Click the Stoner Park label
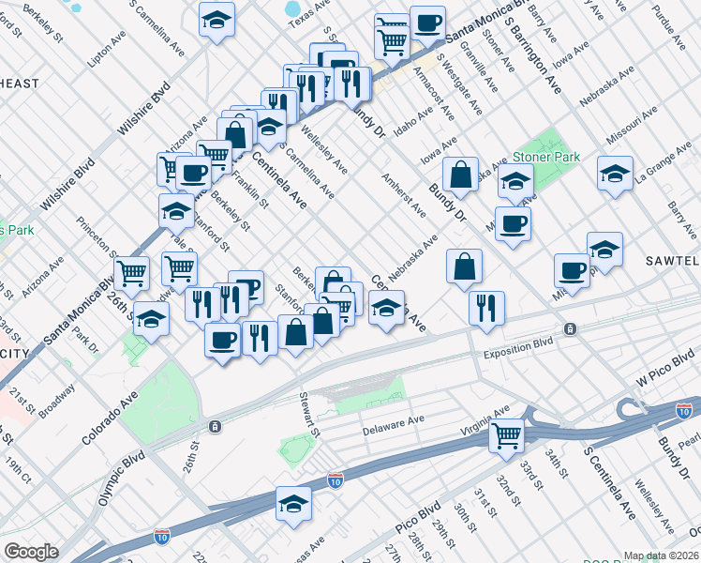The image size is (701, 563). tap(546, 158)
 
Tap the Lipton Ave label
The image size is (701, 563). tap(106, 53)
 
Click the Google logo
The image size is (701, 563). tap(31, 552)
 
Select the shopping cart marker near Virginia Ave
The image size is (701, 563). tap(506, 434)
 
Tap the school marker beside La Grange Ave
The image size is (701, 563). tap(615, 175)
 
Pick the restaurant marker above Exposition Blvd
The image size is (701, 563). tap(486, 308)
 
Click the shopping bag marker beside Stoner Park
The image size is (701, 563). tap(462, 175)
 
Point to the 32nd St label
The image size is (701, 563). tap(509, 476)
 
